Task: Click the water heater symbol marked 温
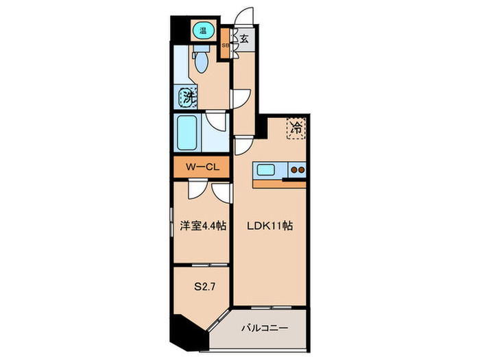[203, 29]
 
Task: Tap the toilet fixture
[201, 62]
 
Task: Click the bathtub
[187, 134]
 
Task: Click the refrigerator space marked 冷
[296, 128]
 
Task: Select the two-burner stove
[297, 170]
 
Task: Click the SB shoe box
[225, 45]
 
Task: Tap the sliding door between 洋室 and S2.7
[201, 264]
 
